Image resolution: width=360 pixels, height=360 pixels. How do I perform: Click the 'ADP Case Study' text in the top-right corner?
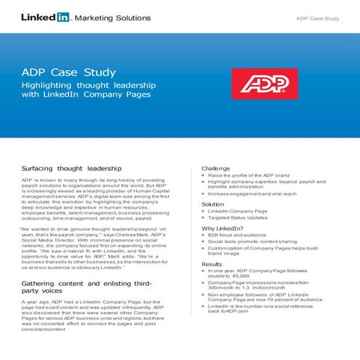point(317,17)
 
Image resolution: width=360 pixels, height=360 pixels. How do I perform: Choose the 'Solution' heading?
point(212,204)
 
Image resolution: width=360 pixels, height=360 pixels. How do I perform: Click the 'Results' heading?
point(212,264)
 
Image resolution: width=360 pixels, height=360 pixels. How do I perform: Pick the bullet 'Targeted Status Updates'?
point(239,217)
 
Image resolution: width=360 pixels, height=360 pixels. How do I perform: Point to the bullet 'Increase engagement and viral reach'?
point(252,194)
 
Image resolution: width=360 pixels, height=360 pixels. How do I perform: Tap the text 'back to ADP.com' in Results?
point(228,311)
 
